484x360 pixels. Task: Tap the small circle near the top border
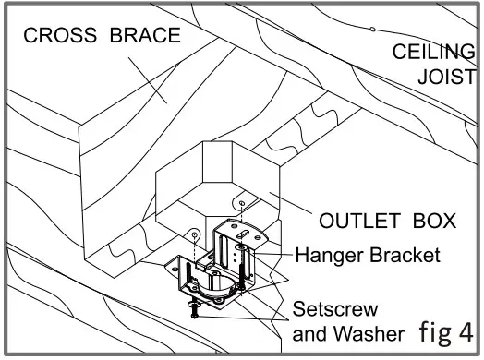click(x=372, y=29)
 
